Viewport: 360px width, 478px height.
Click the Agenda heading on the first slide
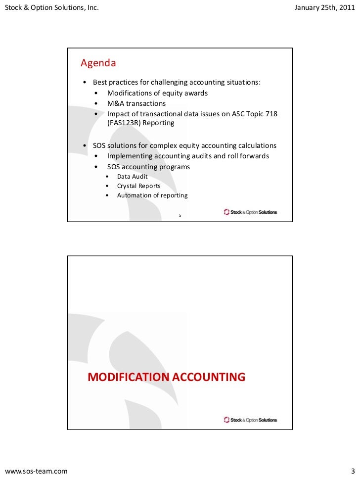pyautogui.click(x=98, y=63)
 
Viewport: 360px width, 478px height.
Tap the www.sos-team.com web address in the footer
pyautogui.click(x=36, y=470)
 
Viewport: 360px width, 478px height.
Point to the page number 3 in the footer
pyautogui.click(x=352, y=470)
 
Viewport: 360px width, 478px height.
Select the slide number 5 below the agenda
pyautogui.click(x=180, y=215)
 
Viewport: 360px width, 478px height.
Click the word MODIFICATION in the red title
pyautogui.click(x=128, y=378)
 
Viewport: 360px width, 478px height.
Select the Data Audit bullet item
pyautogui.click(x=132, y=177)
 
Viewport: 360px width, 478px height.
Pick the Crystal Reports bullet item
pyautogui.click(x=138, y=186)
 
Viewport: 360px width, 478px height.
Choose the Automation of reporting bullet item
pyautogui.click(x=152, y=195)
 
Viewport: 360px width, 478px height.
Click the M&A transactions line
pyautogui.click(x=136, y=104)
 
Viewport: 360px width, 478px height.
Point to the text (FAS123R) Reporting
pyautogui.click(x=141, y=123)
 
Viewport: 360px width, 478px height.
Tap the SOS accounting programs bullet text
pyautogui.click(x=148, y=167)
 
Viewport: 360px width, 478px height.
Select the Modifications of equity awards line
pyautogui.click(x=157, y=93)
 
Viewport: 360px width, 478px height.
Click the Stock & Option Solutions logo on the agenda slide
pyautogui.click(x=250, y=212)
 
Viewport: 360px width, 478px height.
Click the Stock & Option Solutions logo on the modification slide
pyautogui.click(x=250, y=420)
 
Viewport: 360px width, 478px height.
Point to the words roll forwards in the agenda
pyautogui.click(x=251, y=156)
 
